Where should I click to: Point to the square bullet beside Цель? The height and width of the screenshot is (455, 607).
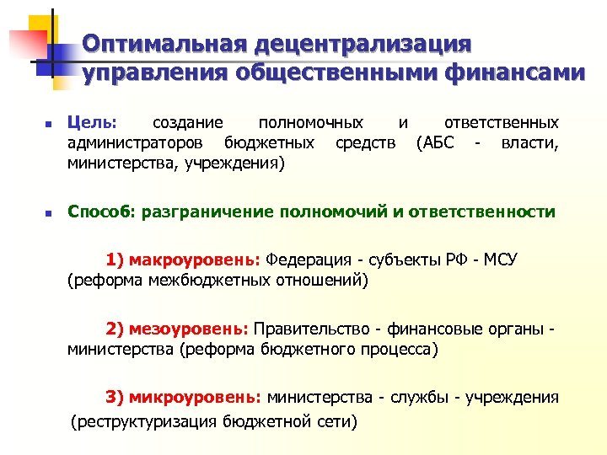click(49, 124)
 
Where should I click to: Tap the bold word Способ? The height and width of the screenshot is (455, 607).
click(101, 211)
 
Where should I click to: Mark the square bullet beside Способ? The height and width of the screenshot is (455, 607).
click(49, 212)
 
